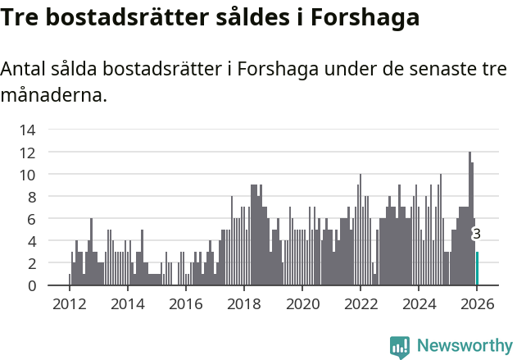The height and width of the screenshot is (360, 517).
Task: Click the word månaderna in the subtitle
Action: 54,95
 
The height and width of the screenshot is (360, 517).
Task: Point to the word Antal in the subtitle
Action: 25,70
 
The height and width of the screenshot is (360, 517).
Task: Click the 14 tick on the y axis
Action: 27,130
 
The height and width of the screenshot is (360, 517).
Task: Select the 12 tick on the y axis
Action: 27,153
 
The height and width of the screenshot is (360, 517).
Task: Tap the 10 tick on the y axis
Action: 27,175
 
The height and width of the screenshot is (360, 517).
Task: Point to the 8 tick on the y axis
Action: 31,197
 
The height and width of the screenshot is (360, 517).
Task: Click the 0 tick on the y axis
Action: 31,285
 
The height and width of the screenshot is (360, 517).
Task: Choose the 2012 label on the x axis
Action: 69,303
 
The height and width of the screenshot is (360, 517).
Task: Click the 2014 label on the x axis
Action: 127,303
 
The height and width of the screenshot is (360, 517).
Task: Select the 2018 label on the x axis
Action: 243,303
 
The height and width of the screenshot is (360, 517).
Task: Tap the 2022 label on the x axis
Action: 361,303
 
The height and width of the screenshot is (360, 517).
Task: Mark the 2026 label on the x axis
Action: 477,303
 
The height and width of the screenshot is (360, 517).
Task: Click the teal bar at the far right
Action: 477,269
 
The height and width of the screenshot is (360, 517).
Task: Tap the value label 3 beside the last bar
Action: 477,234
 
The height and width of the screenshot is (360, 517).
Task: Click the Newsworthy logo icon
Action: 400,346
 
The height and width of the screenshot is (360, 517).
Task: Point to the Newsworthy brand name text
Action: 465,346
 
